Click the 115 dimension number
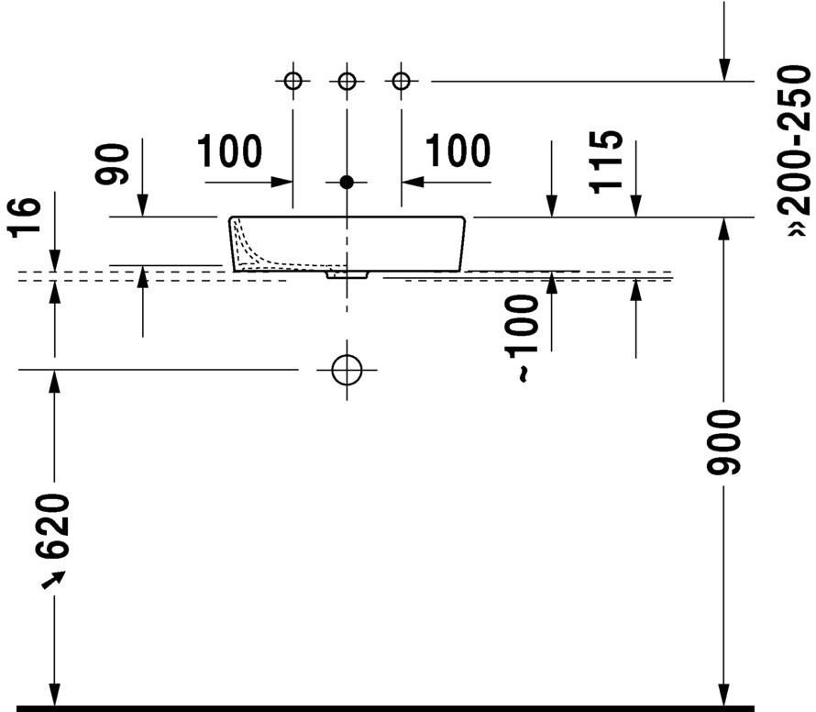pos(609,161)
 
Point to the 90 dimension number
pos(114,165)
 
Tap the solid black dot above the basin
pos(346,183)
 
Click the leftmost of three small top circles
pos(292,82)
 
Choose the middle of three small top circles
pos(346,82)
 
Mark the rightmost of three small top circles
pos(399,82)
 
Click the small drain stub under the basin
pos(347,273)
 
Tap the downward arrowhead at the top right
pos(724,69)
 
